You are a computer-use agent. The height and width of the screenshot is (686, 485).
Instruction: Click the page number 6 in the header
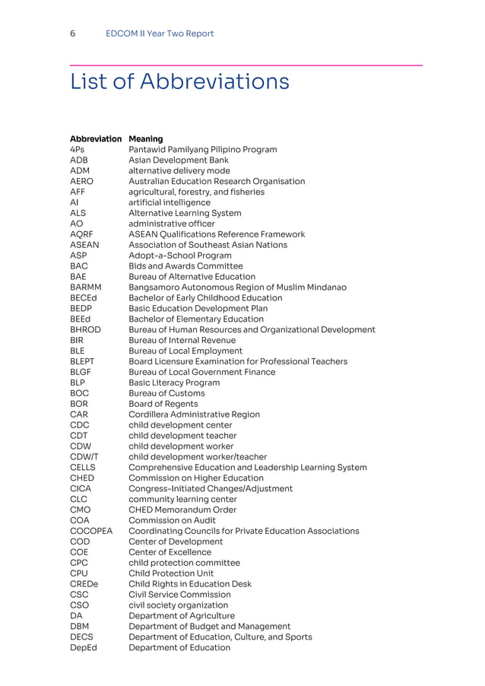[x=72, y=33]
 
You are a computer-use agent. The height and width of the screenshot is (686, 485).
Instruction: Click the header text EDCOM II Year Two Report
[x=160, y=33]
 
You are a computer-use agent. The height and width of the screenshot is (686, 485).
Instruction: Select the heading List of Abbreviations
[x=179, y=81]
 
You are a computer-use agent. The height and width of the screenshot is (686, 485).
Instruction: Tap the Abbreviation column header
[x=96, y=139]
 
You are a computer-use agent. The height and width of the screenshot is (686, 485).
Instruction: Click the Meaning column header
[x=146, y=139]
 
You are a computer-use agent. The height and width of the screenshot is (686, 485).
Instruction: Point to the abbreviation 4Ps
[x=77, y=150]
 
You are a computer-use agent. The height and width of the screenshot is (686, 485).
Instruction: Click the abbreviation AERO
[x=82, y=182]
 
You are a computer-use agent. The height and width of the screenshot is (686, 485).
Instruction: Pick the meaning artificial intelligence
[x=170, y=203]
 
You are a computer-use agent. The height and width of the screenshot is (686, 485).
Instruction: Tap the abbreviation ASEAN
[x=84, y=245]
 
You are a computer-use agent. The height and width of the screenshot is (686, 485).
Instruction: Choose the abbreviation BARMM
[x=86, y=287]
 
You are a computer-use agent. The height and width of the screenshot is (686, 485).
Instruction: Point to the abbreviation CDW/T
[x=84, y=457]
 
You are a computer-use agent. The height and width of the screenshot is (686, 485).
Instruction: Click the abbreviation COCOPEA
[x=91, y=531]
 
